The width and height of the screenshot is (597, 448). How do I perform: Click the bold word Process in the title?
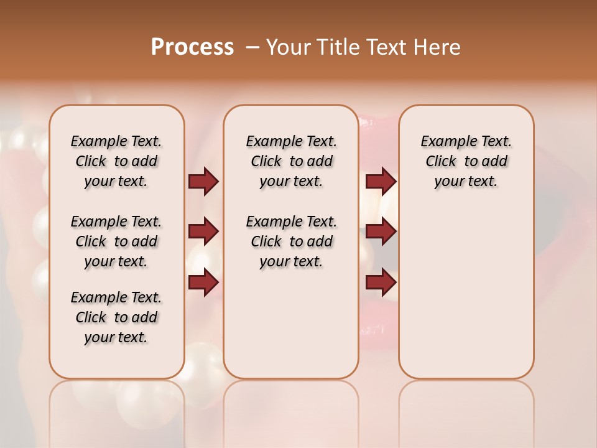(x=192, y=47)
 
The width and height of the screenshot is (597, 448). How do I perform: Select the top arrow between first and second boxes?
(x=203, y=182)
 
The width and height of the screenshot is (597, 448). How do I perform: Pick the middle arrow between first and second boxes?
(x=203, y=232)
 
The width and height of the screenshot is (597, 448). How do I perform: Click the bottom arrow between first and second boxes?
(x=203, y=282)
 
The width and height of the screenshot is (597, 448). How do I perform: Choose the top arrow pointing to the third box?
(x=381, y=182)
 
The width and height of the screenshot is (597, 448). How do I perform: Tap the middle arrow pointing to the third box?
(x=381, y=232)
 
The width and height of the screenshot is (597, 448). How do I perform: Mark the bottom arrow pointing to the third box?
(x=381, y=282)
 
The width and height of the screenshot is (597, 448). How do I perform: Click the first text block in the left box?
(x=116, y=162)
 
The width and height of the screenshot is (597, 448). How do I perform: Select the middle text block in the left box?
(x=116, y=241)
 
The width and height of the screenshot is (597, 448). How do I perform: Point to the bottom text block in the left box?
(x=116, y=317)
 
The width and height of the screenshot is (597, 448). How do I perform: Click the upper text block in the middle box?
(x=291, y=162)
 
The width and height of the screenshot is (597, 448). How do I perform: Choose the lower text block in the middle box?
(x=291, y=241)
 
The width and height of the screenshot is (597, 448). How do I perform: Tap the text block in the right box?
(x=466, y=162)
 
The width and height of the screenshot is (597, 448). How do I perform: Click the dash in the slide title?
(x=251, y=47)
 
